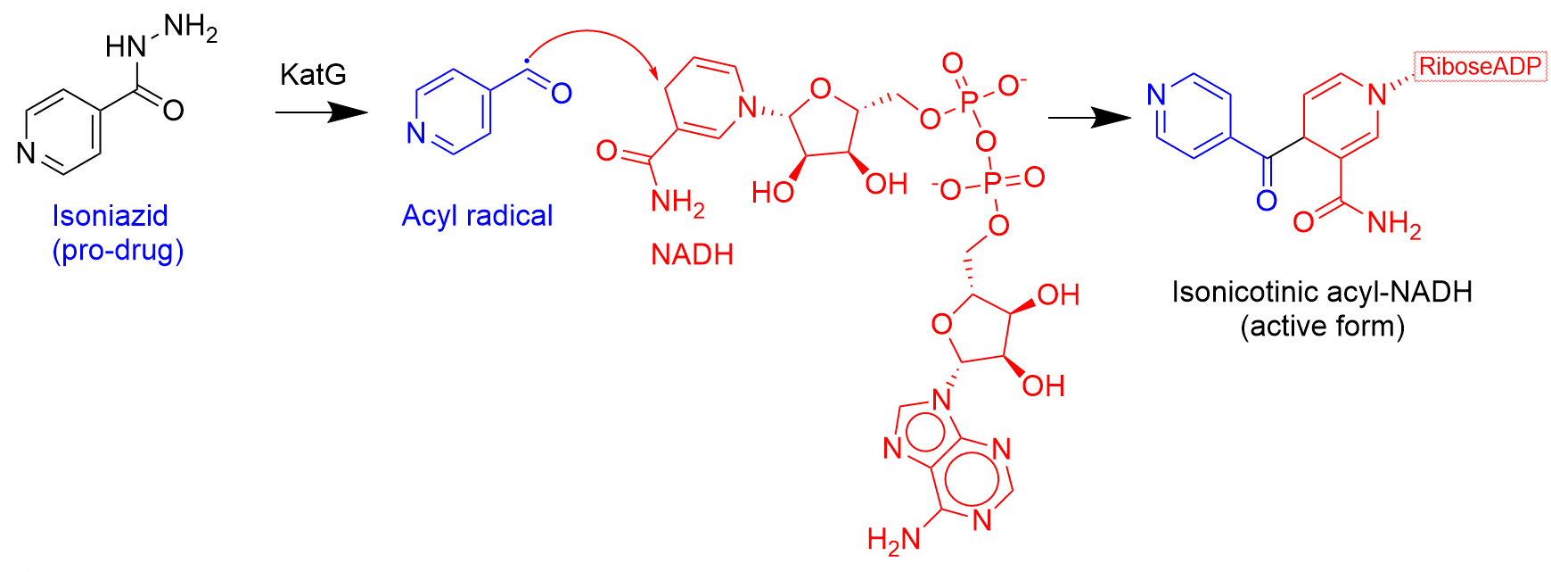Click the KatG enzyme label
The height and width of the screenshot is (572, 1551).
click(x=313, y=74)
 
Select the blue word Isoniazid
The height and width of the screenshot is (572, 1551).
click(x=110, y=216)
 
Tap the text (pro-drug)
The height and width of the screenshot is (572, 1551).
click(x=118, y=251)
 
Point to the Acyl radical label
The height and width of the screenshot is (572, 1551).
click(x=477, y=216)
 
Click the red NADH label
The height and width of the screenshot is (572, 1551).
click(x=692, y=255)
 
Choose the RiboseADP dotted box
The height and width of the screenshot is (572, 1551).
click(x=1481, y=67)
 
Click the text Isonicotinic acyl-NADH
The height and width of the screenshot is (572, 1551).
click(x=1322, y=292)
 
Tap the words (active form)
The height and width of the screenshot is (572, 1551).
click(x=1322, y=327)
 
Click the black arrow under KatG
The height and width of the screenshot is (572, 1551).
click(x=322, y=112)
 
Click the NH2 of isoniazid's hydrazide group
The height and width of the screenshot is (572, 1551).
click(x=191, y=29)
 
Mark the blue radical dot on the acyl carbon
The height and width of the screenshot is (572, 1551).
click(x=528, y=60)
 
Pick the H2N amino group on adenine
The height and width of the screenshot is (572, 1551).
click(x=894, y=540)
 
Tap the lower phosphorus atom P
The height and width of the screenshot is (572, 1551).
click(x=992, y=185)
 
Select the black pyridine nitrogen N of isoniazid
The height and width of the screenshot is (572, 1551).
click(x=27, y=153)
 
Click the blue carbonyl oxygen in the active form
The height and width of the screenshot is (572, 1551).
click(x=1266, y=201)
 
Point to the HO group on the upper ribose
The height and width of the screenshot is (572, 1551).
click(x=772, y=192)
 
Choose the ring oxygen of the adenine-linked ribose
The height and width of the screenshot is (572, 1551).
click(x=941, y=323)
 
